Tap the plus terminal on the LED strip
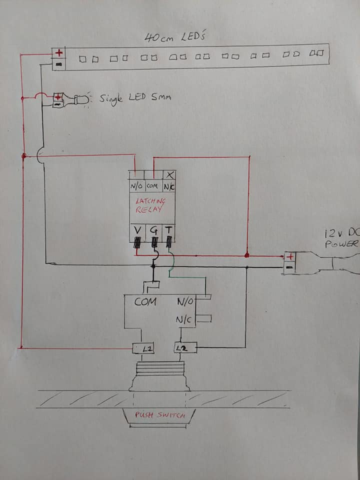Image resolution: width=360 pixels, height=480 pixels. click(59, 52)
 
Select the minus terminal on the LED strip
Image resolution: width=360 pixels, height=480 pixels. click(59, 64)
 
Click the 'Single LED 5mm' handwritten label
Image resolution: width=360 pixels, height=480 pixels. click(135, 97)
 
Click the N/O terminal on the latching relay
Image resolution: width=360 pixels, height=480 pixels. click(136, 186)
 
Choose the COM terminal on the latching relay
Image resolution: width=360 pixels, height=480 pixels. click(153, 186)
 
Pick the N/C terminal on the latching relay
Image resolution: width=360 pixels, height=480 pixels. click(169, 186)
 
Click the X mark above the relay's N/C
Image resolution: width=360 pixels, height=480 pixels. click(170, 175)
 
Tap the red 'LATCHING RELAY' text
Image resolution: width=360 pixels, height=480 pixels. click(150, 205)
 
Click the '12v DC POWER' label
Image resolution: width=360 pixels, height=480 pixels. click(342, 238)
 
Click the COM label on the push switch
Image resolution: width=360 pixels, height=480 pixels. click(145, 301)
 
